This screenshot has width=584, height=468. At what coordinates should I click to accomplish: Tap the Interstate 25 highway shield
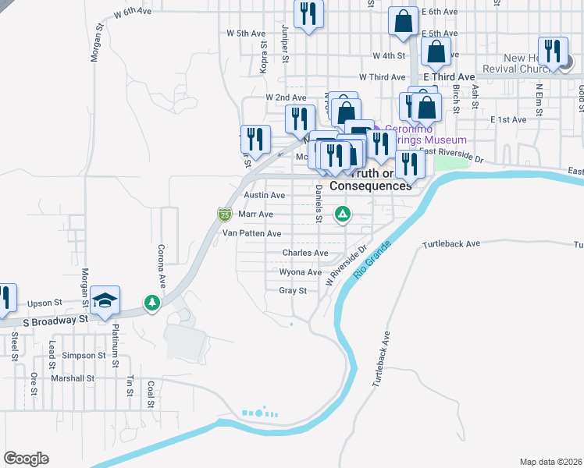[224, 213]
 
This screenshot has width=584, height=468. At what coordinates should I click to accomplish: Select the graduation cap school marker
[105, 301]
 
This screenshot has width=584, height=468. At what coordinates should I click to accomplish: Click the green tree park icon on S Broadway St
[151, 302]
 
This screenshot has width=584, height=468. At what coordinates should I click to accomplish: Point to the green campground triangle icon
[342, 213]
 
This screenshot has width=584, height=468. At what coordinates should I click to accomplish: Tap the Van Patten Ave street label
[251, 233]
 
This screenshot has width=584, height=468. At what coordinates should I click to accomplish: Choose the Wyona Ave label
[301, 272]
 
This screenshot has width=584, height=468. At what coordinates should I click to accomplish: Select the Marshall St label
[73, 378]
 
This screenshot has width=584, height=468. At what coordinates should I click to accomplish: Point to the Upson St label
[44, 303]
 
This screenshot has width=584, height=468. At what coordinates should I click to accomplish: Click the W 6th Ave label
[130, 13]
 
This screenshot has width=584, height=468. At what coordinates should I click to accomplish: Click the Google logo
[26, 459]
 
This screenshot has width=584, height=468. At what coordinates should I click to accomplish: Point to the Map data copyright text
[550, 462]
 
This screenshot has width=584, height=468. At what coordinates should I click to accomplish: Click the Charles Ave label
[305, 253]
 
